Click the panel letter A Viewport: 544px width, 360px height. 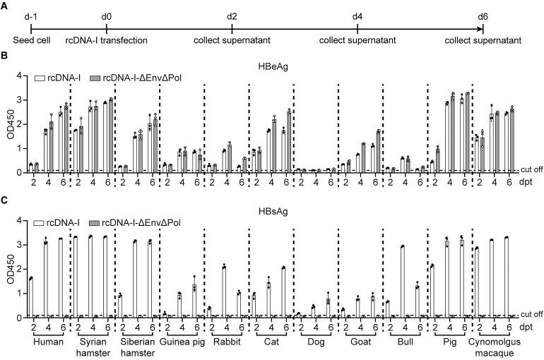5,6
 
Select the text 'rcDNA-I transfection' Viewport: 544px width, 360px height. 106,40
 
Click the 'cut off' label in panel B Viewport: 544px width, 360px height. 531,170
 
